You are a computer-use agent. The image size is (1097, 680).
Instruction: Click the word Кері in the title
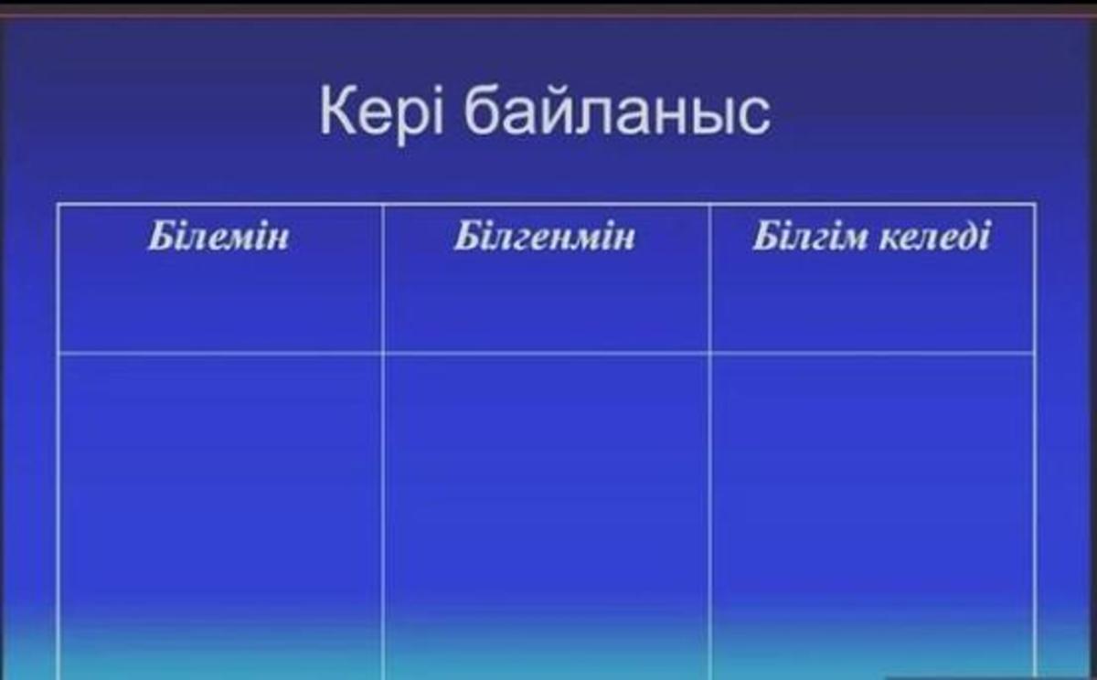pyautogui.click(x=381, y=112)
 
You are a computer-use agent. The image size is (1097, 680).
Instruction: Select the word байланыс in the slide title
pyautogui.click(x=617, y=112)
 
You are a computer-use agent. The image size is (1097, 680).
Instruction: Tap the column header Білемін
pyautogui.click(x=218, y=236)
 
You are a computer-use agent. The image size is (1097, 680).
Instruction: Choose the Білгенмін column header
pyautogui.click(x=544, y=236)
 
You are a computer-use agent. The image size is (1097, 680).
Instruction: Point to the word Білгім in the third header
pyautogui.click(x=809, y=236)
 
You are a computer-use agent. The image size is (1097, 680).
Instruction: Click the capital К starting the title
pyautogui.click(x=338, y=111)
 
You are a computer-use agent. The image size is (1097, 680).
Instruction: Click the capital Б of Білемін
pyautogui.click(x=163, y=236)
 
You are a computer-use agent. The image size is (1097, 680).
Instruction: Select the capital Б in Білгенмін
pyautogui.click(x=468, y=236)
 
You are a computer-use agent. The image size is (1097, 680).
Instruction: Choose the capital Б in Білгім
pyautogui.click(x=767, y=236)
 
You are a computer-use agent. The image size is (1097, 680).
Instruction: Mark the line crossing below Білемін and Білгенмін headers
pyautogui.click(x=383, y=353)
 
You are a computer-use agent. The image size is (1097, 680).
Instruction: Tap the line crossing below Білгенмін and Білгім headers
pyautogui.click(x=710, y=353)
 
